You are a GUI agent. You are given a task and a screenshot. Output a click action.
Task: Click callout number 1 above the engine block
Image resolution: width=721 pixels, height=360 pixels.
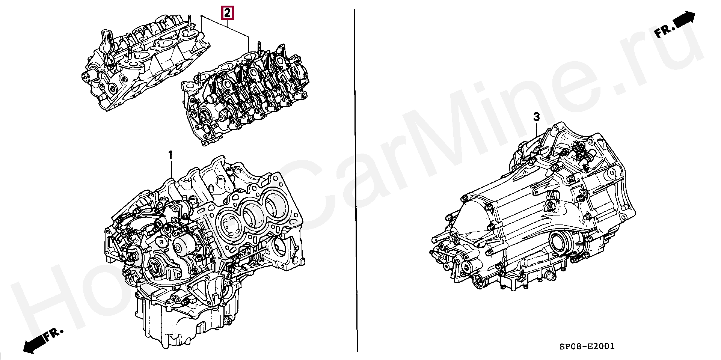pos(170,155)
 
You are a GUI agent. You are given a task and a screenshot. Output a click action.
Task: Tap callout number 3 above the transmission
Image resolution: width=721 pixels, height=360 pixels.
pos(537,117)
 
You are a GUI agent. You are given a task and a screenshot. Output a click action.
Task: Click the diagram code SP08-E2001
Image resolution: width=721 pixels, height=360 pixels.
pos(587,346)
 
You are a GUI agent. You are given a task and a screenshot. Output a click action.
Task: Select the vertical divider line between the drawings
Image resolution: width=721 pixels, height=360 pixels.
pos(355,180)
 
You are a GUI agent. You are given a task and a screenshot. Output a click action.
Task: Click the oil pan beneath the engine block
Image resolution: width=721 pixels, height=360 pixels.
pos(180,323)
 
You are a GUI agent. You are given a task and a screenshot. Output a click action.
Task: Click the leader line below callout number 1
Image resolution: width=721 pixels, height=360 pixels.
pos(171,169)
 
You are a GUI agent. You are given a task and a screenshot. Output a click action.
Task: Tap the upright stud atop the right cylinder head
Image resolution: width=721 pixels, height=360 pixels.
pos(259,48)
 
